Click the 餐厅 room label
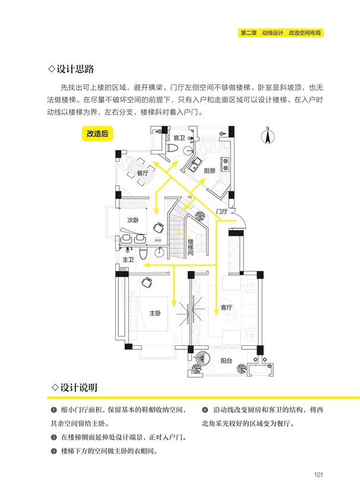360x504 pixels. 142,174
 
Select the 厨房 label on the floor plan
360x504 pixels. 209,171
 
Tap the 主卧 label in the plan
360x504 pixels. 156,313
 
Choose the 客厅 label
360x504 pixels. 226,308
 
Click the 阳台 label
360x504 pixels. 226,361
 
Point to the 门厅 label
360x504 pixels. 222,211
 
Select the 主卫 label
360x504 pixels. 128,260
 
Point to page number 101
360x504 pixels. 317,474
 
